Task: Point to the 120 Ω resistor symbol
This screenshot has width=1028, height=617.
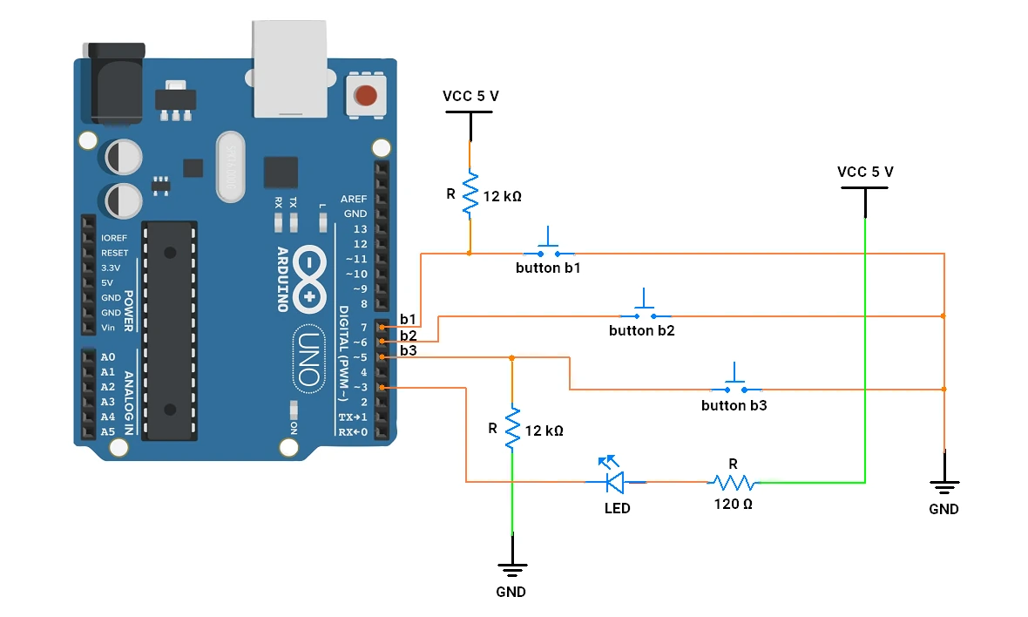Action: [733, 484]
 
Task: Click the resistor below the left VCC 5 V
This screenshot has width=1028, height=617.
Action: [470, 193]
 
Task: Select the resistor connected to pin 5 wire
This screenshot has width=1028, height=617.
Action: [512, 428]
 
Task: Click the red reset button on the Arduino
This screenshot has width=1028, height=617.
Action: [366, 96]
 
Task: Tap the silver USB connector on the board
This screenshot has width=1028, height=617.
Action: [290, 69]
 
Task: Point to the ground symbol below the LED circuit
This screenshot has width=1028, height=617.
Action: [512, 558]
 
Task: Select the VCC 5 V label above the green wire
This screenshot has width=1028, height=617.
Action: [865, 172]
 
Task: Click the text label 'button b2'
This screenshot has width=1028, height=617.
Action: [642, 330]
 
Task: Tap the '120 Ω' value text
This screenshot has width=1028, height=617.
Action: [733, 504]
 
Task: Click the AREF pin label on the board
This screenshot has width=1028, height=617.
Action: [354, 199]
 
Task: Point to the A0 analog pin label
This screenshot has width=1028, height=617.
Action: [107, 357]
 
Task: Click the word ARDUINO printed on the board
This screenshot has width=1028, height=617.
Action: [282, 280]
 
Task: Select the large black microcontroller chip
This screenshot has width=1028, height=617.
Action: [170, 330]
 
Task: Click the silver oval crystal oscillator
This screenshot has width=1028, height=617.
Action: [231, 166]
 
